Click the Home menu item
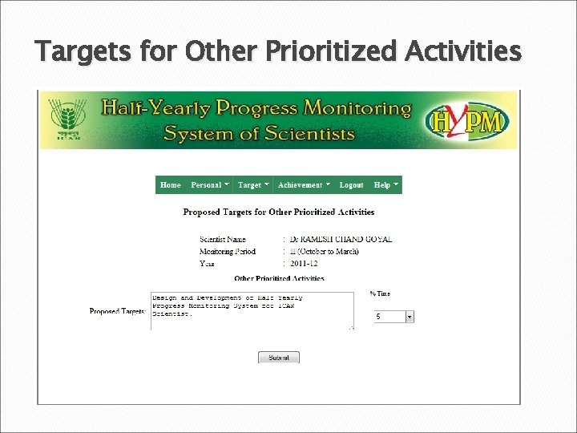tap(171, 185)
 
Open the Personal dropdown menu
tap(210, 185)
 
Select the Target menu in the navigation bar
tap(253, 185)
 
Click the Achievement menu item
tap(304, 185)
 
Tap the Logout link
tap(351, 185)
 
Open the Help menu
tap(385, 185)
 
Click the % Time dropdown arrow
tap(410, 317)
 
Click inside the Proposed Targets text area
tap(252, 311)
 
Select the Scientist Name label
tap(223, 240)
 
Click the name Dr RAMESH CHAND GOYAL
tap(341, 240)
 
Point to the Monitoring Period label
tap(228, 252)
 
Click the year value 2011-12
tap(305, 263)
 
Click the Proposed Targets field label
tap(117, 311)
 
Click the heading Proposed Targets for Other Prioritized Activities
tap(279, 212)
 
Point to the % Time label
tap(380, 294)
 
